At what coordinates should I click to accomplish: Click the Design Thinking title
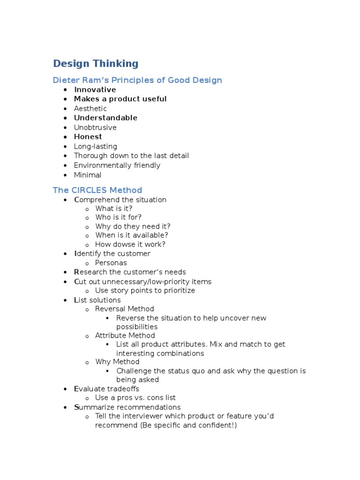click(x=96, y=64)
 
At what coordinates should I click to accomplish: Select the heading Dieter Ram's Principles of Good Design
click(x=137, y=80)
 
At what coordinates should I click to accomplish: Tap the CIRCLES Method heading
click(x=97, y=190)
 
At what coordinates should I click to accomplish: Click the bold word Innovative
click(x=95, y=90)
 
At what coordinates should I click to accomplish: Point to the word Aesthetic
click(x=90, y=109)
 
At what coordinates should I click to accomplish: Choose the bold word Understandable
click(x=105, y=118)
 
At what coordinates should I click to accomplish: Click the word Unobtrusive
click(x=95, y=127)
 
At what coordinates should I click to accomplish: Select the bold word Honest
click(x=88, y=137)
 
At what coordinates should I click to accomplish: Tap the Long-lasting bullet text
click(x=96, y=146)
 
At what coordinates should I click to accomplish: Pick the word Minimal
click(x=88, y=175)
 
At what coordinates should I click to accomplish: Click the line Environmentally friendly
click(x=117, y=165)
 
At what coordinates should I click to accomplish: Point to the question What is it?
click(x=114, y=209)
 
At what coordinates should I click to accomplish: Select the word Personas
click(x=111, y=263)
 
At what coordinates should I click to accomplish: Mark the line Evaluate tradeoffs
click(x=106, y=389)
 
